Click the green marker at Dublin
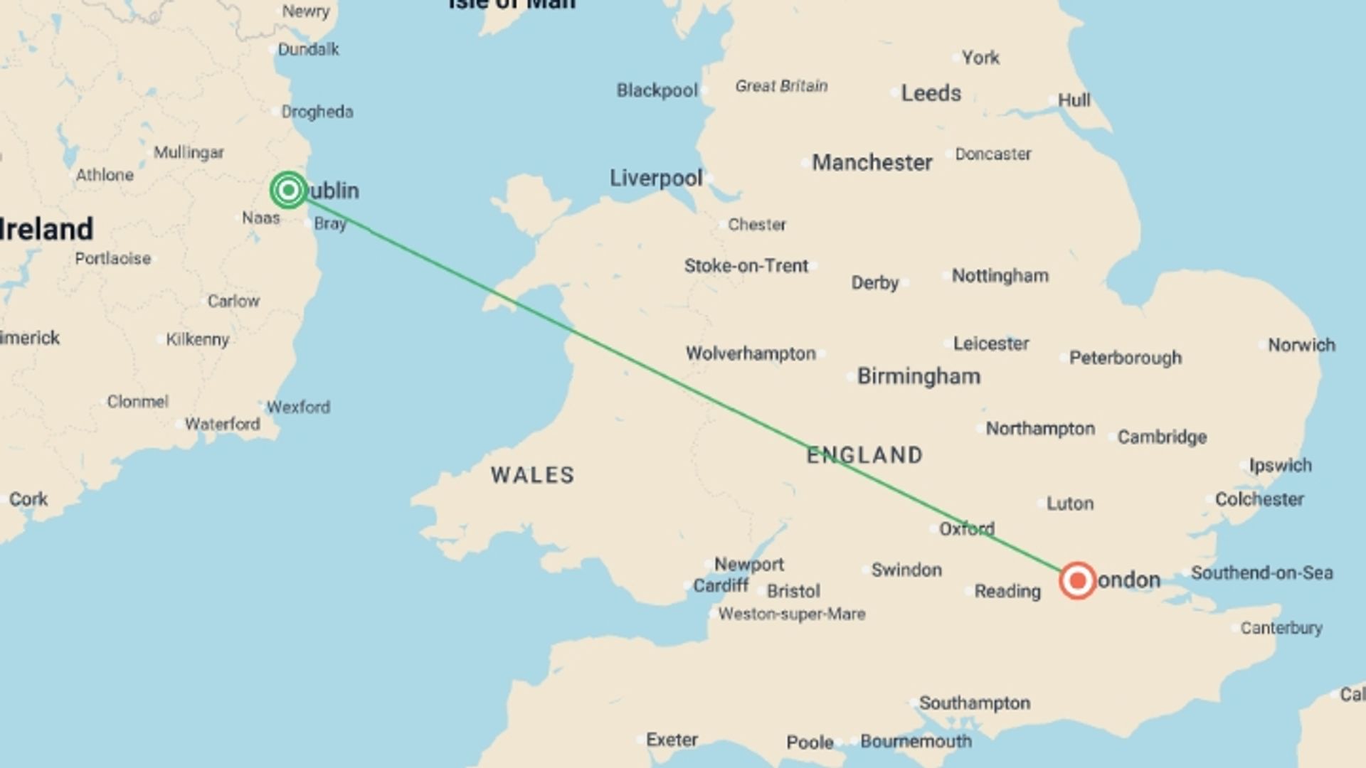288,190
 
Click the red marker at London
1077,580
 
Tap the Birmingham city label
918,376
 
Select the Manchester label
872,163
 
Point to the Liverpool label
655,178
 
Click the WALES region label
533,475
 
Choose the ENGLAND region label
864,455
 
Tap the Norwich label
1301,345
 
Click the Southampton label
974,703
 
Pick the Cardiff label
720,585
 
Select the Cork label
28,499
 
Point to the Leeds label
931,93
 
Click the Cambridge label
1162,437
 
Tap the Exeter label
671,740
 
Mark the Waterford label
222,424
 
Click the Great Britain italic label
781,86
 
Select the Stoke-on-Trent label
746,266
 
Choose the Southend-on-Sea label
1261,572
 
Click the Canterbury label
1281,628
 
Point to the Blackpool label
657,90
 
